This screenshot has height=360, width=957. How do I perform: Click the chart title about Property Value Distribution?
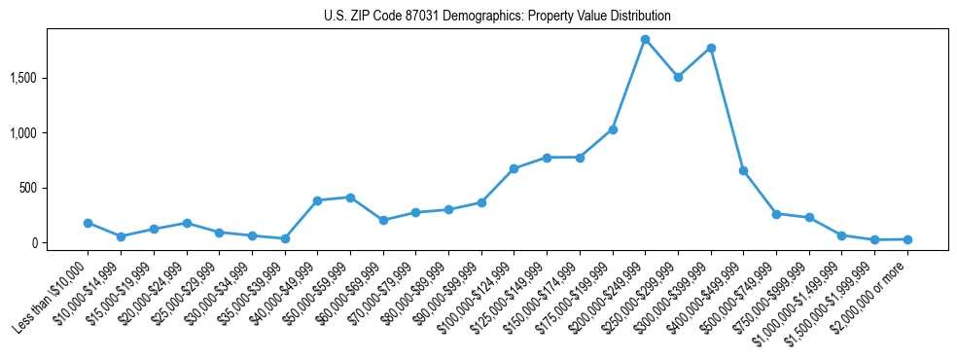(x=497, y=17)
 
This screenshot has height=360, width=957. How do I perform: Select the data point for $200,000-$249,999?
(x=645, y=39)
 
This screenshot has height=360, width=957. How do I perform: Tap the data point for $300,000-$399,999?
(x=711, y=48)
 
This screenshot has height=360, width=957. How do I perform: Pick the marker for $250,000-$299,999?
(x=678, y=77)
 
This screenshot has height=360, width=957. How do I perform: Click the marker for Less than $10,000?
(x=88, y=223)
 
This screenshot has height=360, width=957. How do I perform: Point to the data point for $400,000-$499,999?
(x=743, y=170)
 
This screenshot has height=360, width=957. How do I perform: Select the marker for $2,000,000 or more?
(x=907, y=239)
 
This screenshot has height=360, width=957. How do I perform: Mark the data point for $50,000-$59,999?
(x=350, y=198)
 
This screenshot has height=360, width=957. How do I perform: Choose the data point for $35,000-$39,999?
(x=285, y=238)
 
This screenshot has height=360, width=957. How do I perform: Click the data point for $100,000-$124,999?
(x=514, y=168)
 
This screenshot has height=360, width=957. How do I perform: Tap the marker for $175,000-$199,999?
(x=613, y=129)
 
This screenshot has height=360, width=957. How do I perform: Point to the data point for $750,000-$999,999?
(x=809, y=218)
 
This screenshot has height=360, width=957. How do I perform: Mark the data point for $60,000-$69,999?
(x=383, y=220)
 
